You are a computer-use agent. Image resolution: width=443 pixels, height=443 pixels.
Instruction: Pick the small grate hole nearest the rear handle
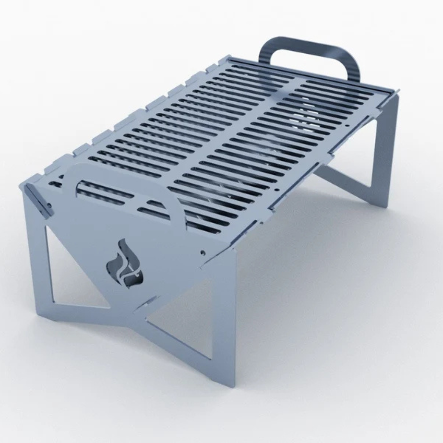347,122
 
